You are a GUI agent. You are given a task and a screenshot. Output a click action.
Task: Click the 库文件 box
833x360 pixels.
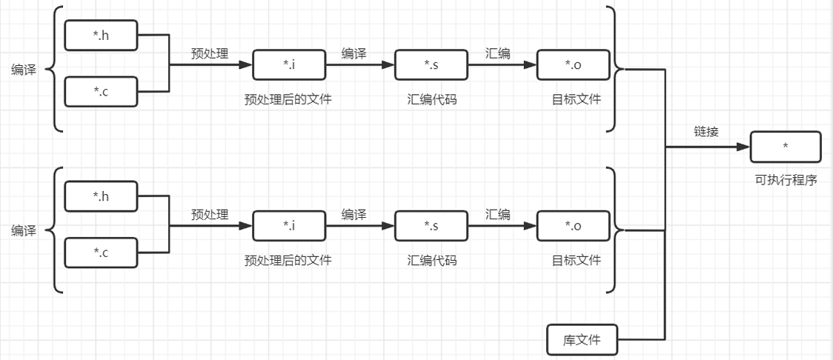coord(581,340)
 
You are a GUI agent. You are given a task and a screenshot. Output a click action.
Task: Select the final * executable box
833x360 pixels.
coord(785,147)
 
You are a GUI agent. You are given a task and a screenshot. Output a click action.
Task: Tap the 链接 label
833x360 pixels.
coord(706,132)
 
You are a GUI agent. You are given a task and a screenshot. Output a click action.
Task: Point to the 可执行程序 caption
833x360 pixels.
coord(786,179)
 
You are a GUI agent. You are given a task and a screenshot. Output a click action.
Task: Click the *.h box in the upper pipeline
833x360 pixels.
coord(102,34)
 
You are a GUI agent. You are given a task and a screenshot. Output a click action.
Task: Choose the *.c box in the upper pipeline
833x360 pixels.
coord(102,91)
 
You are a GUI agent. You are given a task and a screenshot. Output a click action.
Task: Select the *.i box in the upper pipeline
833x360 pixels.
coord(289,64)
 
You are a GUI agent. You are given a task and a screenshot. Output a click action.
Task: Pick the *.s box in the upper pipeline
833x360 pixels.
coord(431,64)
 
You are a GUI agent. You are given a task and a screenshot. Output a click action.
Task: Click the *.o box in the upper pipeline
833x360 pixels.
coord(573,64)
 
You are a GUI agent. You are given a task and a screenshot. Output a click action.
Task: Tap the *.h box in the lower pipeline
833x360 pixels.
coord(102,196)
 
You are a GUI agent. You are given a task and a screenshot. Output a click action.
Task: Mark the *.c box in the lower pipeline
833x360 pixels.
coord(102,253)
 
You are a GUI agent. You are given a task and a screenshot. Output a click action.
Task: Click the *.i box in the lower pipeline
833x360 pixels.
coord(289,226)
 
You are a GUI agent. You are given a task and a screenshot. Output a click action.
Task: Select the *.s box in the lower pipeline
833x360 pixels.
coord(431,226)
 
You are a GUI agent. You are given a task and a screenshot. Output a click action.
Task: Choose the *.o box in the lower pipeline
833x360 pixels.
coord(573,226)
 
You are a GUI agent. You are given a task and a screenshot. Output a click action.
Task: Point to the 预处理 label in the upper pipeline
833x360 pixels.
coord(210,53)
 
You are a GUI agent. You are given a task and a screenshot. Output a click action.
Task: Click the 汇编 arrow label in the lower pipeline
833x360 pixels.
coord(497,215)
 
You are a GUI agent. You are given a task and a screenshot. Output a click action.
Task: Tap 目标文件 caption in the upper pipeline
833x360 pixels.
coord(576,99)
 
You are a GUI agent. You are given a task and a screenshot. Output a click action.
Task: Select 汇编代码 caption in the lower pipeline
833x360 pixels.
coord(431,260)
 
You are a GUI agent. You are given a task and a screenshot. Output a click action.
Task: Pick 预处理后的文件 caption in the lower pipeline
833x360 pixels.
coord(288,260)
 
